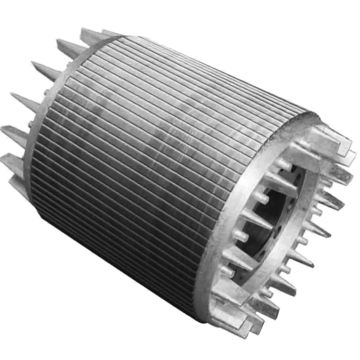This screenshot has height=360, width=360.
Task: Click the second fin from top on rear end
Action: [50, 70]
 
